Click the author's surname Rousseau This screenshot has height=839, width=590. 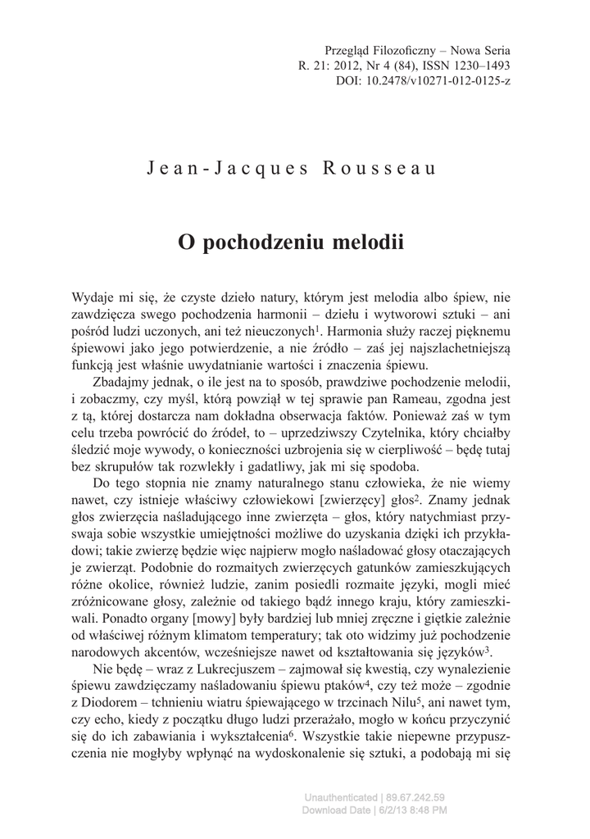coord(379,169)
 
